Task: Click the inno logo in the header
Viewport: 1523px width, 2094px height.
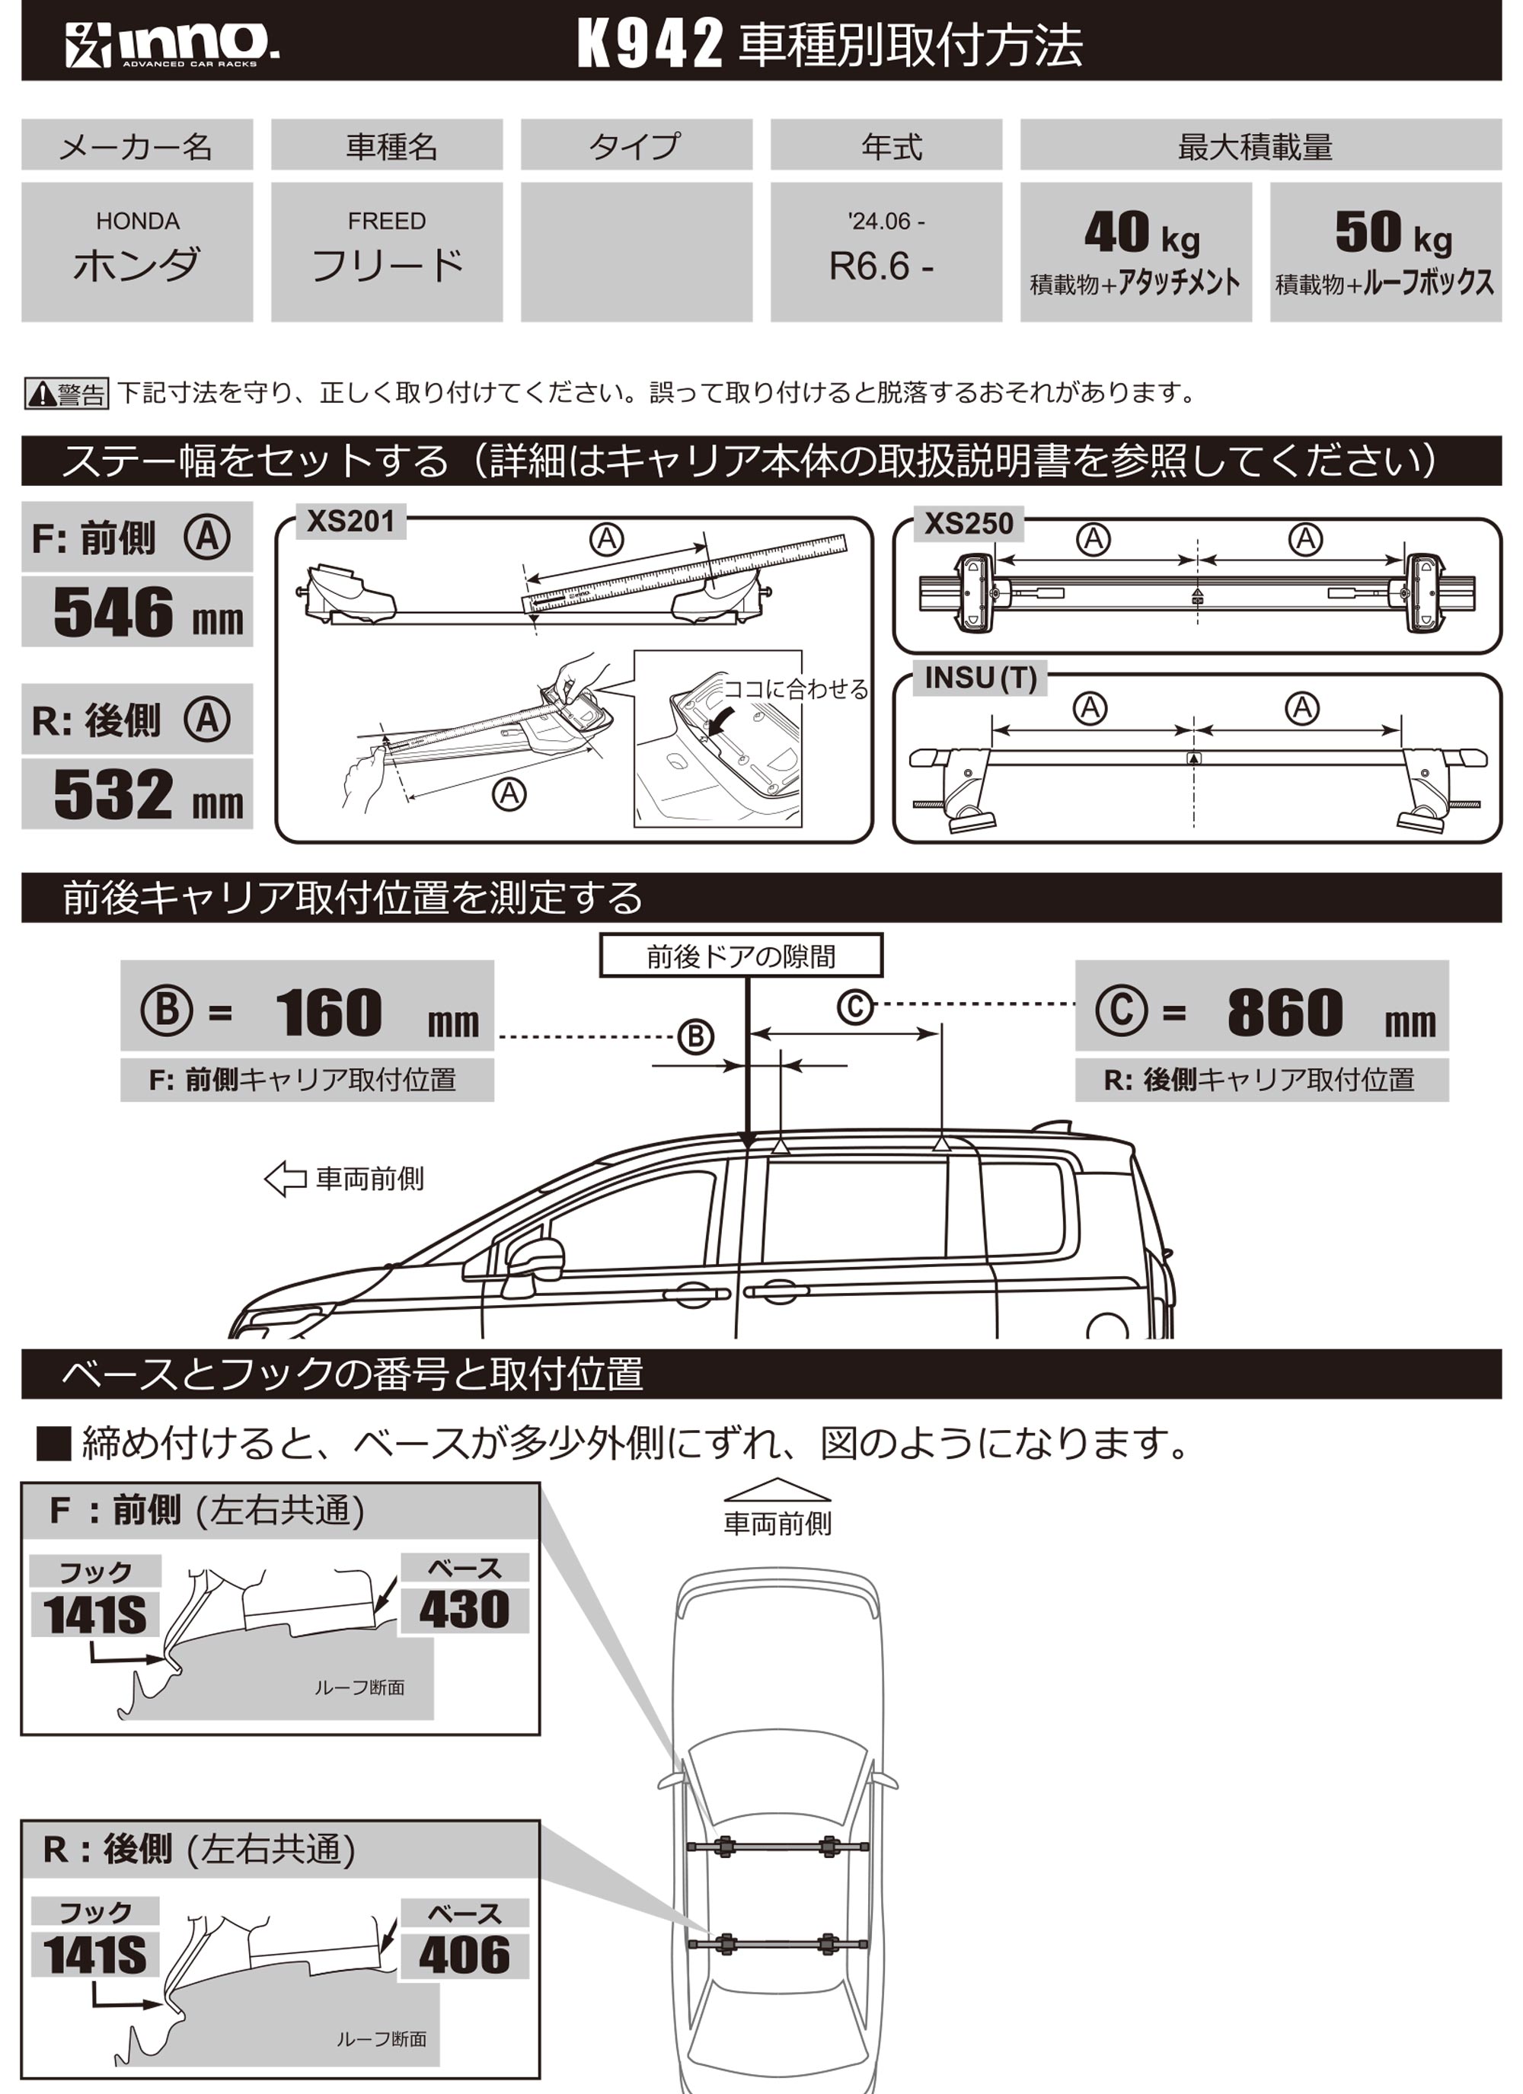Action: point(173,43)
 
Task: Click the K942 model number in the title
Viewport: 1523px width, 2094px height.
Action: point(650,43)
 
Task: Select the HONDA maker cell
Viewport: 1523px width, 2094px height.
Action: point(137,252)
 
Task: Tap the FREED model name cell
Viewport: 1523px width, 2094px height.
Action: point(387,252)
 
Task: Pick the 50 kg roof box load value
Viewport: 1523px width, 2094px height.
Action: point(1394,233)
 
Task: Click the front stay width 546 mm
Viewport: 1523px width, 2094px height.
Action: point(148,612)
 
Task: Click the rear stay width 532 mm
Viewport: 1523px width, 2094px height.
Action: point(148,794)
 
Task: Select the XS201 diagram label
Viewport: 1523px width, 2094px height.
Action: point(350,522)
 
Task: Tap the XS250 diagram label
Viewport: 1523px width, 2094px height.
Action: point(969,524)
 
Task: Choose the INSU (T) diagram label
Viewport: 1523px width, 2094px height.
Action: point(981,678)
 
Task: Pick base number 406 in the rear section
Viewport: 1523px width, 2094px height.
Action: point(464,1955)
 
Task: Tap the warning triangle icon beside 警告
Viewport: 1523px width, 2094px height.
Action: point(42,395)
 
